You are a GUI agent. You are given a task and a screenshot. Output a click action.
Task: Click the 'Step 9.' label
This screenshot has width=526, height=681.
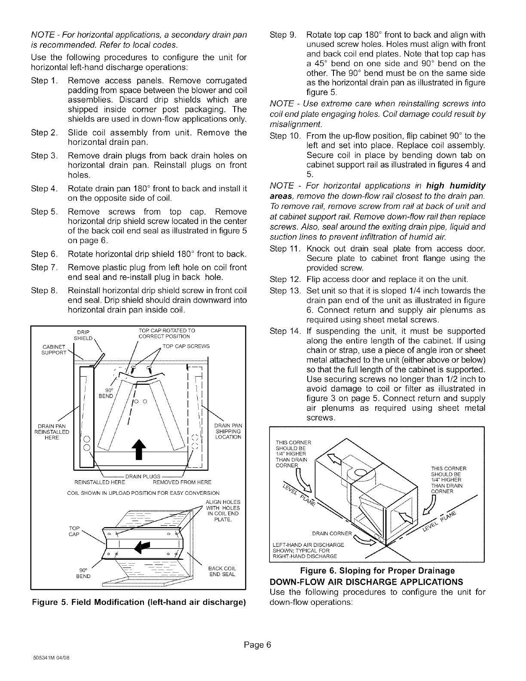tap(281, 34)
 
